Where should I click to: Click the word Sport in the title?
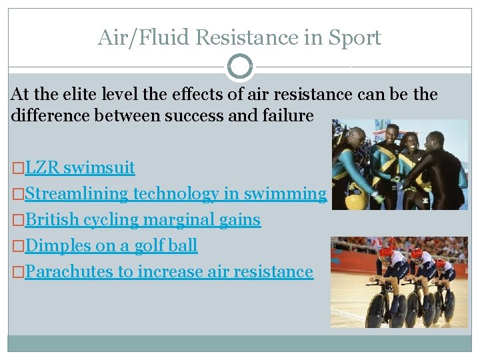click(x=355, y=37)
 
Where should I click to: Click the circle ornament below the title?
click(x=240, y=67)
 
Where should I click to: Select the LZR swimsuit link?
click(x=80, y=167)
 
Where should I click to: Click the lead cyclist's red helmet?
click(x=386, y=254)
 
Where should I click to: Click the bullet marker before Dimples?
click(x=18, y=246)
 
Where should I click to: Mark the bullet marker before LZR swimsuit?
click(x=18, y=168)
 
